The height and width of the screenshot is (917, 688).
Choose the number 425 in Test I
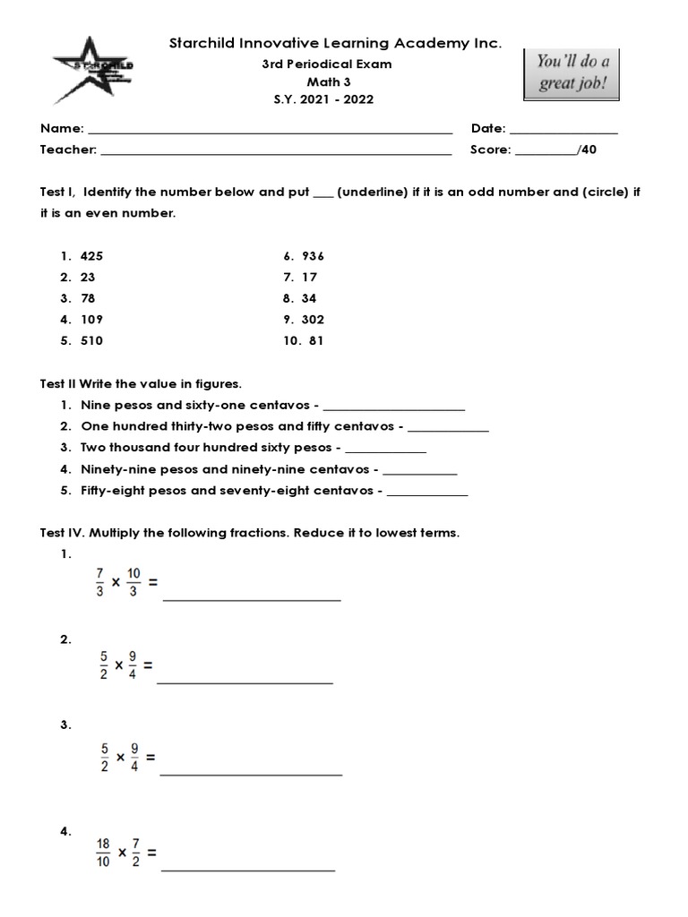tap(91, 255)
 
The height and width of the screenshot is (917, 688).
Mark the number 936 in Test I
tap(313, 255)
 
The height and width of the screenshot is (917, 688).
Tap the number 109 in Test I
tap(91, 320)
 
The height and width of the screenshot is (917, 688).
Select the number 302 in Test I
tap(313, 320)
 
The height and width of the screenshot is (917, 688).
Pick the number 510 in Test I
tap(91, 341)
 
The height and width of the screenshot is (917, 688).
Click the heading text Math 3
tap(332, 81)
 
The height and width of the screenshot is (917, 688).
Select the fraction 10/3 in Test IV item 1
tap(134, 582)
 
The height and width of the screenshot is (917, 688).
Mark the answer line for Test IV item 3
tap(252, 773)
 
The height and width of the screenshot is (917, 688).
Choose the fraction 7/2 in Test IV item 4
tap(138, 853)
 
